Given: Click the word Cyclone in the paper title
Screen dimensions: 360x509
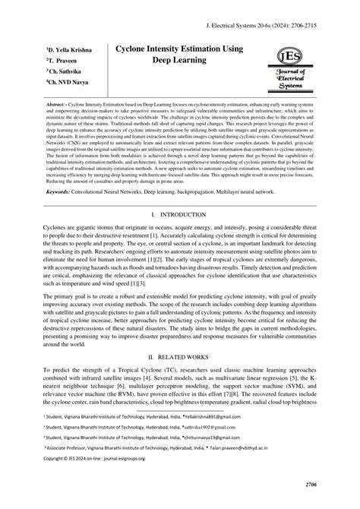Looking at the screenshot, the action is coord(134,49).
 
